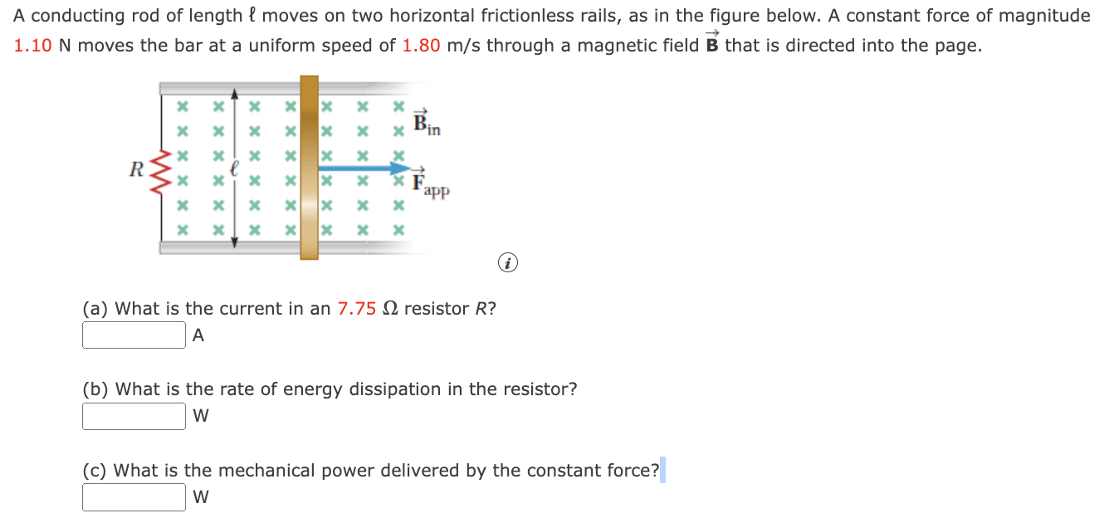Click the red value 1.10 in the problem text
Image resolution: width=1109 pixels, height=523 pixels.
33,46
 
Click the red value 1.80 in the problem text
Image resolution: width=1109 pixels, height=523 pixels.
421,46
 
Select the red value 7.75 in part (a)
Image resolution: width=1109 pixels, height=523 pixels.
357,309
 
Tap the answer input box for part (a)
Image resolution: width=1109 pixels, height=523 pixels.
134,335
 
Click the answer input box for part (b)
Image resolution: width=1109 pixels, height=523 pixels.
134,416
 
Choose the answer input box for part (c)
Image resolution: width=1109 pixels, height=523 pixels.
134,497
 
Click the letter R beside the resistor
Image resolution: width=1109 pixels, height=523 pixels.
138,169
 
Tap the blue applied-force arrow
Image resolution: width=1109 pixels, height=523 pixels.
365,169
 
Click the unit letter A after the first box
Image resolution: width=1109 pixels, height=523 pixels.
198,335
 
